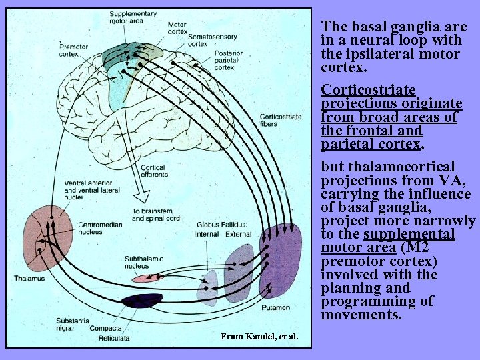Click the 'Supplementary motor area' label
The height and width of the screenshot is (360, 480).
(x=133, y=17)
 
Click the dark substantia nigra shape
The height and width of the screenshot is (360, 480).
(x=141, y=301)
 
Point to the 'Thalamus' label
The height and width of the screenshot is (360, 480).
(x=29, y=278)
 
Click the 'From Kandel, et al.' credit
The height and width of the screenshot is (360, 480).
(x=259, y=336)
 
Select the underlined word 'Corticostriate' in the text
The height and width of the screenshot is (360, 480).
(x=368, y=89)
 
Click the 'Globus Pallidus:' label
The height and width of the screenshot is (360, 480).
(x=223, y=225)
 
